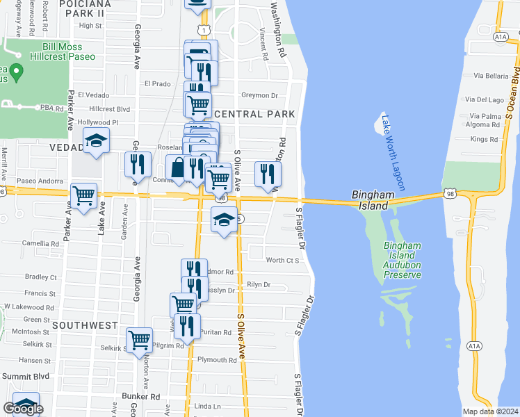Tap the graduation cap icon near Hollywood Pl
[x=97, y=141]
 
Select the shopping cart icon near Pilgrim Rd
[x=140, y=340]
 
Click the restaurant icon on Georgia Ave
[x=138, y=163]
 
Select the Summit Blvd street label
[x=24, y=376]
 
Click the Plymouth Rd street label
[x=217, y=360]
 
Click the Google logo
[x=23, y=409]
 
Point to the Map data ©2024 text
[x=490, y=411]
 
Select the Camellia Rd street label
[x=40, y=244]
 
